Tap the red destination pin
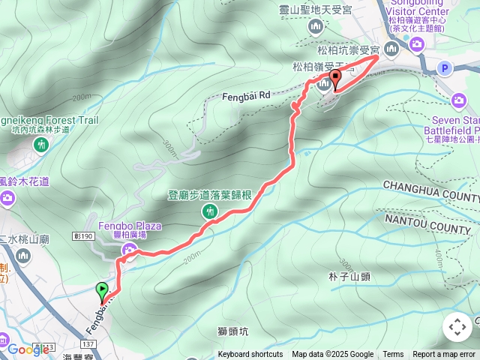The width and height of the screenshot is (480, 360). [334, 77]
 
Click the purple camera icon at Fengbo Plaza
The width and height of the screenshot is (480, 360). [131, 250]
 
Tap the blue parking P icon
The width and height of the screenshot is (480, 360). [445, 69]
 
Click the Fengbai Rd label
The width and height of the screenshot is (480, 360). [244, 95]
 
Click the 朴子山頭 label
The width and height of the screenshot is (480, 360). [349, 277]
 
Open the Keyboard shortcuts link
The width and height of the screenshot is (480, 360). [250, 355]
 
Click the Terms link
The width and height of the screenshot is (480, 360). [393, 355]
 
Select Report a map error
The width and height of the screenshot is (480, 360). [444, 355]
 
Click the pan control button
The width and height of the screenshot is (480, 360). [457, 327]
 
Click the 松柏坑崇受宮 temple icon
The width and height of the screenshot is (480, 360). [391, 49]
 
